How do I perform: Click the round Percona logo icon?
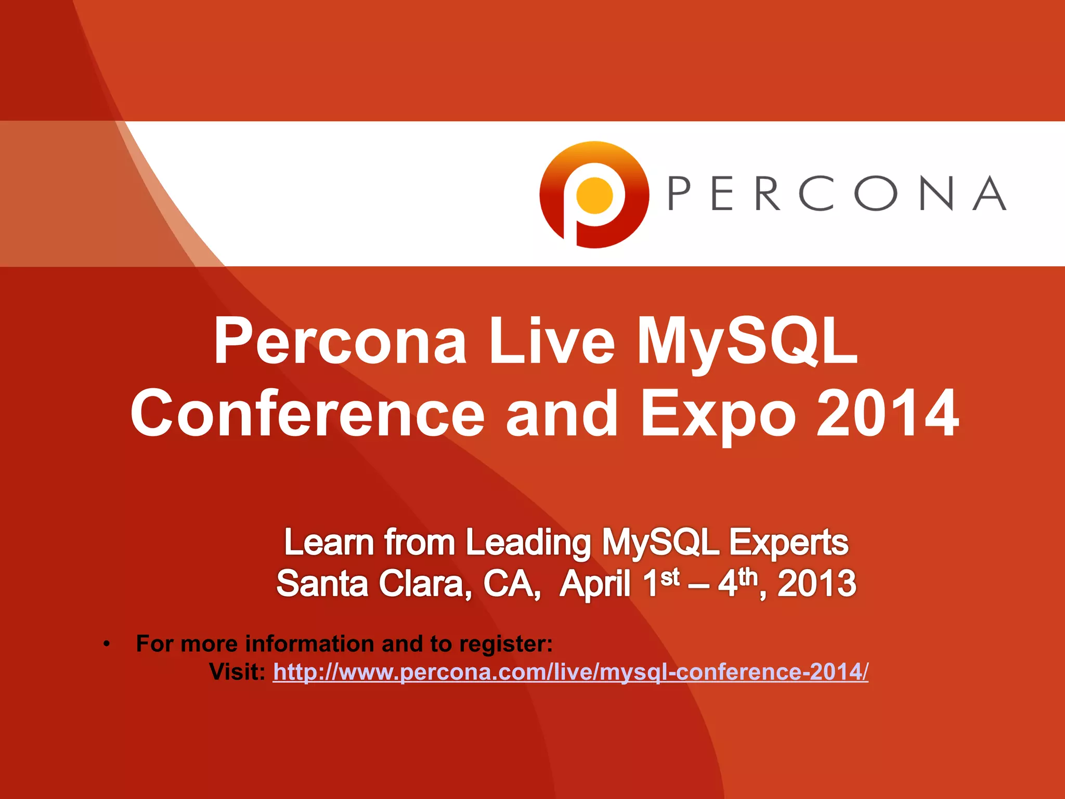click(594, 195)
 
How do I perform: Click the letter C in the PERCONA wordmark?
click(815, 193)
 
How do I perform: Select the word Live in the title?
click(552, 342)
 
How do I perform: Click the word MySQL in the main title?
click(747, 342)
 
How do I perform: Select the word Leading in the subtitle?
click(528, 543)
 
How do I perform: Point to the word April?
click(595, 584)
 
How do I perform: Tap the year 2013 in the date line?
click(816, 584)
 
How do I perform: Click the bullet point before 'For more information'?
click(107, 644)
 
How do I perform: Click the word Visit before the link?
click(237, 672)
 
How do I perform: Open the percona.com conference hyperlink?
click(570, 672)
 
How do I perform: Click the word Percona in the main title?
click(341, 342)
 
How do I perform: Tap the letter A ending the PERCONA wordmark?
click(990, 193)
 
